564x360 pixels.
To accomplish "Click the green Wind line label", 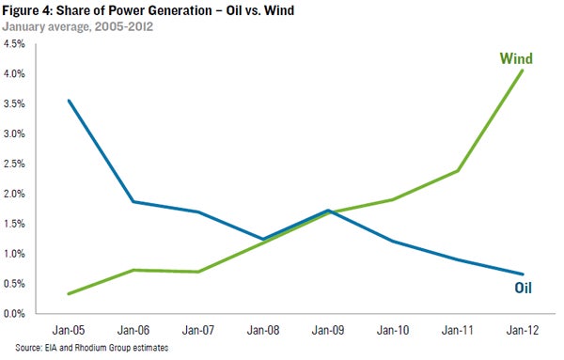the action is pyautogui.click(x=516, y=58).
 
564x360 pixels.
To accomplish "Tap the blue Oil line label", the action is pyautogui.click(x=523, y=288).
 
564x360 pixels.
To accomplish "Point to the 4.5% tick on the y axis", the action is pyautogui.click(x=14, y=44).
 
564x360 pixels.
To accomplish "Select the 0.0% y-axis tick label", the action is pyautogui.click(x=14, y=314).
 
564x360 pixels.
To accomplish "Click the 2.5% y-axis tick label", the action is pyautogui.click(x=14, y=164).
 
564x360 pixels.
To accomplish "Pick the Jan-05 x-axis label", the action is pyautogui.click(x=69, y=330).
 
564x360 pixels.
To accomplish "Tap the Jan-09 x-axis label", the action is pyautogui.click(x=328, y=330).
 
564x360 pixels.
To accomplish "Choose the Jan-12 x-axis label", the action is pyautogui.click(x=523, y=330).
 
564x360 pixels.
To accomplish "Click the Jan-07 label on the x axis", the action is pyautogui.click(x=198, y=330).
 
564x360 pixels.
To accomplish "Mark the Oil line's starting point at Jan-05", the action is pyautogui.click(x=69, y=101).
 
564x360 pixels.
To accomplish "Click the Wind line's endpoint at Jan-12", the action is pyautogui.click(x=523, y=70).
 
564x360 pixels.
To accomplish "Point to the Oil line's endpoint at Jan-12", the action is pyautogui.click(x=523, y=274).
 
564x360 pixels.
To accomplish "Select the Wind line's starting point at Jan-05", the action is pyautogui.click(x=69, y=294).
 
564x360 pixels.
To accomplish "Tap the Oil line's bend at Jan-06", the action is pyautogui.click(x=133, y=202).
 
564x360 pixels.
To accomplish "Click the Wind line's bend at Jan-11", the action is pyautogui.click(x=458, y=170).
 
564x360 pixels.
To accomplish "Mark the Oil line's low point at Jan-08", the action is pyautogui.click(x=263, y=239).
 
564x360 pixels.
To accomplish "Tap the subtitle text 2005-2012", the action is pyautogui.click(x=124, y=26).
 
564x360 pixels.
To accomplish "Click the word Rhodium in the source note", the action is pyautogui.click(x=90, y=348).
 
